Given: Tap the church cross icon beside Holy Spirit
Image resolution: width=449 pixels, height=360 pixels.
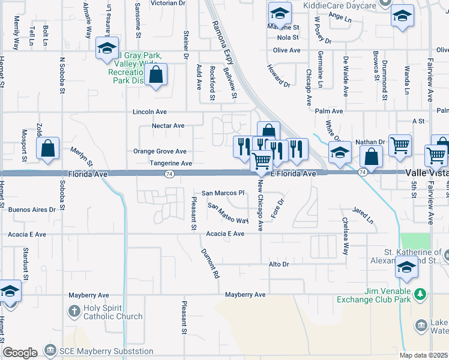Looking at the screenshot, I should tap(73, 311).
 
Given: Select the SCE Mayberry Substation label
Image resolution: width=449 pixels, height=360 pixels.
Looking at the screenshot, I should tap(106, 351).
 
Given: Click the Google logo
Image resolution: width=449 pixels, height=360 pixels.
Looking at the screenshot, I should tap(20, 352).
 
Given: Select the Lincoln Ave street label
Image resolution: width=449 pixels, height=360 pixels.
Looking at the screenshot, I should tap(149, 112).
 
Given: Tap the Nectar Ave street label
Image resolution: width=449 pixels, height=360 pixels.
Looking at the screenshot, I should tap(168, 126).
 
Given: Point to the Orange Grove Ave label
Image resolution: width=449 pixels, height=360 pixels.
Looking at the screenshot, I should tap(160, 152).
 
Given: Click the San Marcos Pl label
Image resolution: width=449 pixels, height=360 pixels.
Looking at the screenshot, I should tap(223, 193).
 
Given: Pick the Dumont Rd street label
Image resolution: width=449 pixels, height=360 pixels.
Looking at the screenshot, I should tap(210, 264).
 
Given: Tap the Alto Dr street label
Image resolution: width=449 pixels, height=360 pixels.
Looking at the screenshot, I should tap(279, 264).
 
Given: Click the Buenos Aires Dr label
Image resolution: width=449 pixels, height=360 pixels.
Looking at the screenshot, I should tap(36, 209).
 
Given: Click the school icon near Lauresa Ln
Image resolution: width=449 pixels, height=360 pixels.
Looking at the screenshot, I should tap(107, 49).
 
